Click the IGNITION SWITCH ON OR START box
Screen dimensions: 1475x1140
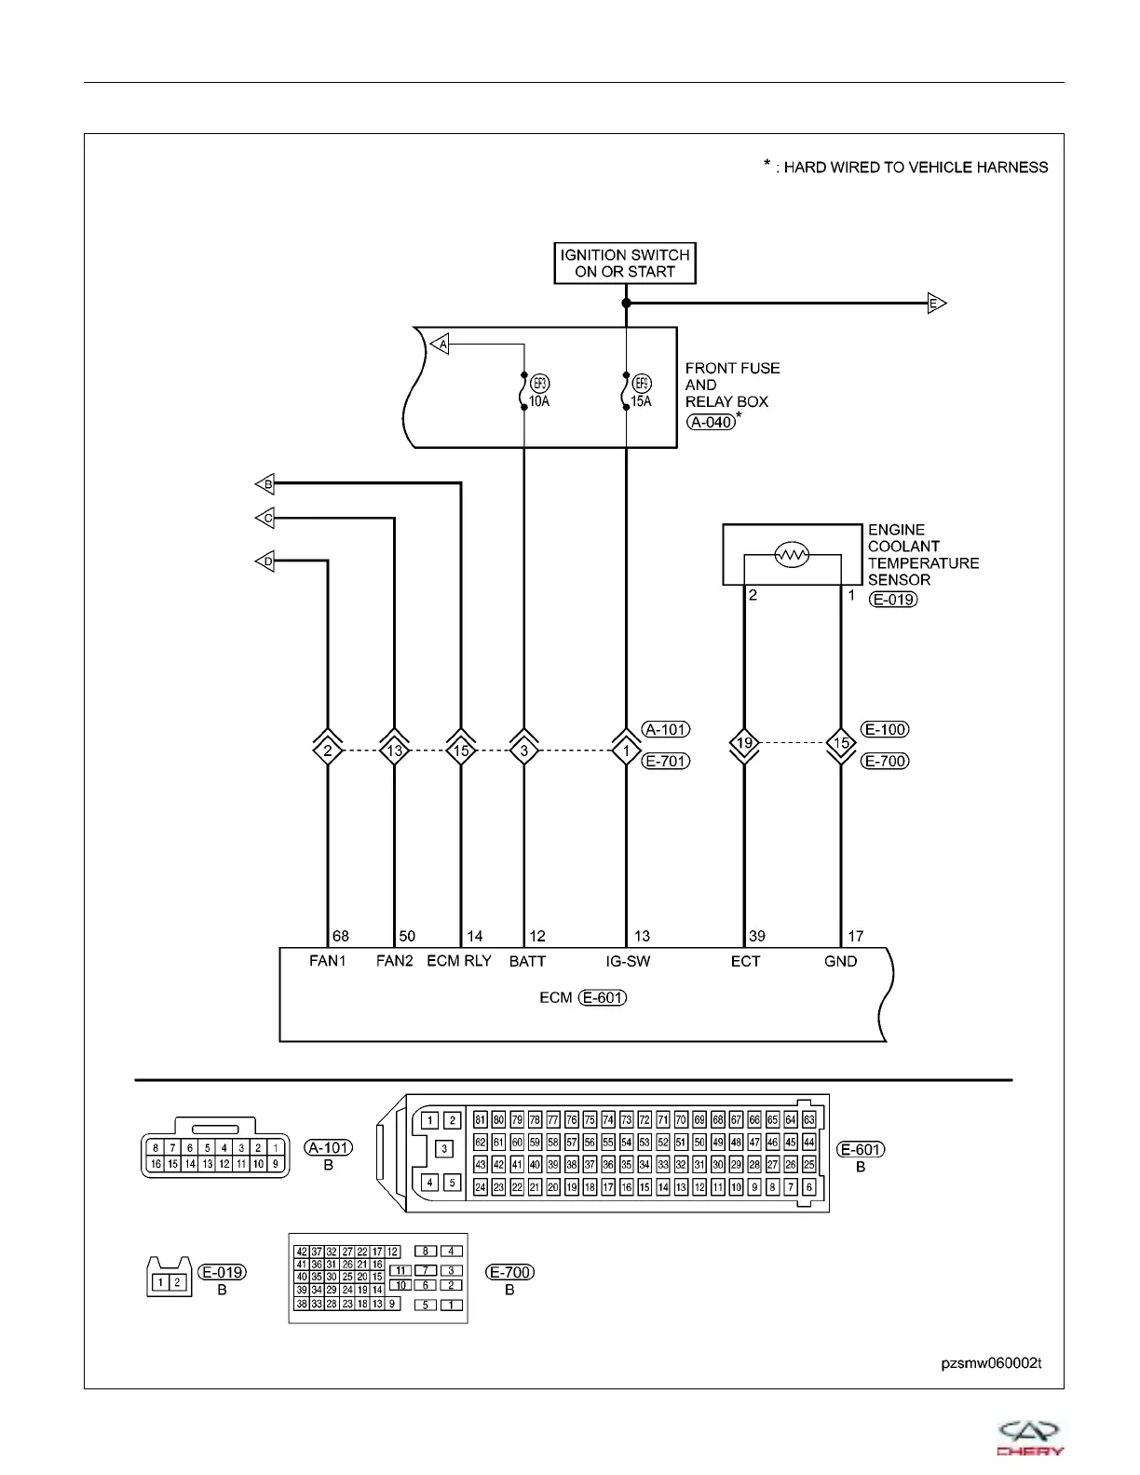pos(625,264)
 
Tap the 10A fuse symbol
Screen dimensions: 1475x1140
pos(524,391)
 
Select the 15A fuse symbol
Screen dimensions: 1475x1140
pos(627,391)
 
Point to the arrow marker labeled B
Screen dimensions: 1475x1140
pos(265,484)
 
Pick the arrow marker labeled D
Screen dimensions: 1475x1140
pos(265,562)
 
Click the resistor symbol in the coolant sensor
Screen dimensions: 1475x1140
pos(791,556)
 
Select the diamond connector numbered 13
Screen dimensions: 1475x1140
pos(395,750)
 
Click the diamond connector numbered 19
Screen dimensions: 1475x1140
pos(744,743)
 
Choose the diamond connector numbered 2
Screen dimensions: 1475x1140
pos(328,750)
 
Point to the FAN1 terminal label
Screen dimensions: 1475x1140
pos(328,961)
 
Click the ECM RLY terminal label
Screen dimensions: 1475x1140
pos(459,961)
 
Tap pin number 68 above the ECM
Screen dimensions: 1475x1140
pos(341,936)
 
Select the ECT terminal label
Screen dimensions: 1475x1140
pos(745,961)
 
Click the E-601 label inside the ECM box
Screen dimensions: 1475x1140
pos(603,997)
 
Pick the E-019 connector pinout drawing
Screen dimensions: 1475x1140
pos(170,1279)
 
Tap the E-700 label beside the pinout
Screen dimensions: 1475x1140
pos(511,1272)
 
